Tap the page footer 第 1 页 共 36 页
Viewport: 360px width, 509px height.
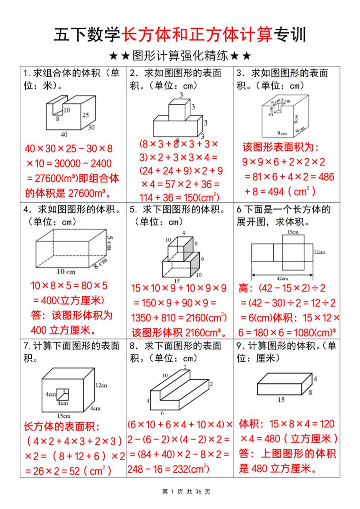[x=180, y=492]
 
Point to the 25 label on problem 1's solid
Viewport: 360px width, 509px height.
[x=85, y=115]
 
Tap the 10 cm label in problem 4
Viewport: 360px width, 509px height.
[x=66, y=272]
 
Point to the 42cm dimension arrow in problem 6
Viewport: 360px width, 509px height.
[x=281, y=275]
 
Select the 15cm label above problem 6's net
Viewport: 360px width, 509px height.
[x=292, y=232]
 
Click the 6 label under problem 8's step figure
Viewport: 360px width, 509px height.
[x=163, y=413]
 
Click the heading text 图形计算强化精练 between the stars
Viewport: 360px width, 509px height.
[x=180, y=57]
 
